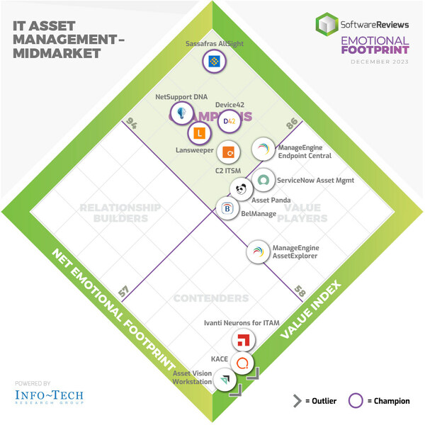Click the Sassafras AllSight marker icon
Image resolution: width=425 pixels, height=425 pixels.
pos(214,62)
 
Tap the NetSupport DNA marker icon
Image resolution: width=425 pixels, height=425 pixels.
pos(183,113)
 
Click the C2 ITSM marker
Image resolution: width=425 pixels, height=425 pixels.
pos(229,152)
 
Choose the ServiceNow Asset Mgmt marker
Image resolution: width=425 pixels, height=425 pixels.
pos(263,181)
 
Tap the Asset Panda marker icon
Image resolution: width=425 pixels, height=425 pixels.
pos(242,189)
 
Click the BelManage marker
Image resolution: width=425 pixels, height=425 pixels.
pos(227,208)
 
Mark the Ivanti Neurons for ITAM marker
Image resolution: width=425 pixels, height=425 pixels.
pos(243,341)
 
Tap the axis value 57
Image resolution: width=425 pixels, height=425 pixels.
pos(123,290)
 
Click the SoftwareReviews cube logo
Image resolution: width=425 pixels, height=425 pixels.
pos(326,24)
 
